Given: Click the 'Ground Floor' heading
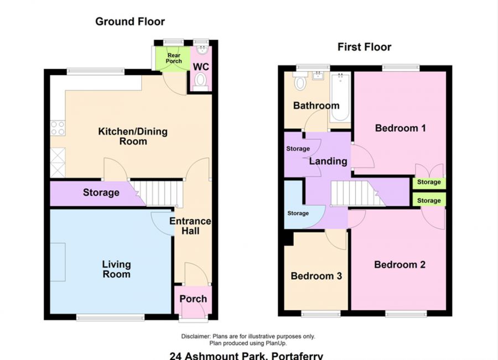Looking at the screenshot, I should [130, 22].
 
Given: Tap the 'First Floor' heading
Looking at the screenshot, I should [364, 47].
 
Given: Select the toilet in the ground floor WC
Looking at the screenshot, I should [200, 82].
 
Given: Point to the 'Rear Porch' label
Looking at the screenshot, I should [174, 58].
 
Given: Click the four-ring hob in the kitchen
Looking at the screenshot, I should [58, 128].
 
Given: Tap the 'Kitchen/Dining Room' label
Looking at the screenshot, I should [133, 136].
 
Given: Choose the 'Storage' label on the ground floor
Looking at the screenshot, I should [101, 192].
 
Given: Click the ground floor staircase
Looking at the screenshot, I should [159, 194].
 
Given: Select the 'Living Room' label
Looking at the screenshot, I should [116, 269].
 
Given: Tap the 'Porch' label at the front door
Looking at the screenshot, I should [193, 299].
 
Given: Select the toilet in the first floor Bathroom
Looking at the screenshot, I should [300, 83].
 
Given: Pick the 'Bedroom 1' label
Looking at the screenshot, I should [400, 128].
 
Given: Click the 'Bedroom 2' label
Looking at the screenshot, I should [400, 265].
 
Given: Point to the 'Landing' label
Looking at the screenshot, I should [328, 161].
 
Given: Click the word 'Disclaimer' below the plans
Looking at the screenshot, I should [195, 336].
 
